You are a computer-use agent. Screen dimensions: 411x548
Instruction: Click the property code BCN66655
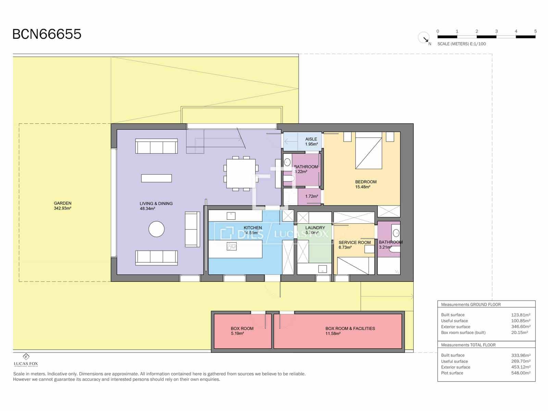pyautogui.click(x=47, y=34)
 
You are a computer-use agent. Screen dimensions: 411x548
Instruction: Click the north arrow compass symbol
pyautogui.click(x=424, y=38)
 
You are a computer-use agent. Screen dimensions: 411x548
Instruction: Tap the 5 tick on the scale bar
pyautogui.click(x=535, y=32)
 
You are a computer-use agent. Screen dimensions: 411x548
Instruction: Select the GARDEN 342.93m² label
pyautogui.click(x=62, y=206)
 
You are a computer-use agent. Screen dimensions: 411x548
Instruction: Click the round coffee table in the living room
pyautogui.click(x=157, y=229)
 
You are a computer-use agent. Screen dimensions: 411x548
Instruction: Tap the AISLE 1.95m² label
pyautogui.click(x=311, y=141)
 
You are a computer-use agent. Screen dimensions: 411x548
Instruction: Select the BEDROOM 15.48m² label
pyautogui.click(x=365, y=184)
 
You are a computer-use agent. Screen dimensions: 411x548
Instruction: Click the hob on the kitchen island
pyautogui.click(x=232, y=246)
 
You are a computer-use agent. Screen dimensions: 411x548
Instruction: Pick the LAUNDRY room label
pyautogui.click(x=315, y=228)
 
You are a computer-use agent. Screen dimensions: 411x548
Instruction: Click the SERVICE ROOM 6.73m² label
pyautogui.click(x=354, y=245)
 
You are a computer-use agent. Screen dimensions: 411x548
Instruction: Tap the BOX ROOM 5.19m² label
pyautogui.click(x=242, y=331)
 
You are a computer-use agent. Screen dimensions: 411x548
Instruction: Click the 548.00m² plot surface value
pyautogui.click(x=521, y=373)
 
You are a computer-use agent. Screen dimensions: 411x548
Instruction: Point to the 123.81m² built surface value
pyautogui.click(x=521, y=315)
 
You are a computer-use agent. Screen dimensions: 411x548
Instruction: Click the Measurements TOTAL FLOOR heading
pyautogui.click(x=468, y=345)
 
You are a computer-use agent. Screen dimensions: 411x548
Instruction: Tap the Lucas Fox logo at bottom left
pyautogui.click(x=26, y=360)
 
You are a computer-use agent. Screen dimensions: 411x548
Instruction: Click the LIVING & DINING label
pyautogui.click(x=156, y=206)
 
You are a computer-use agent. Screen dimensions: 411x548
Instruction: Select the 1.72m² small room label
pyautogui.click(x=311, y=197)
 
